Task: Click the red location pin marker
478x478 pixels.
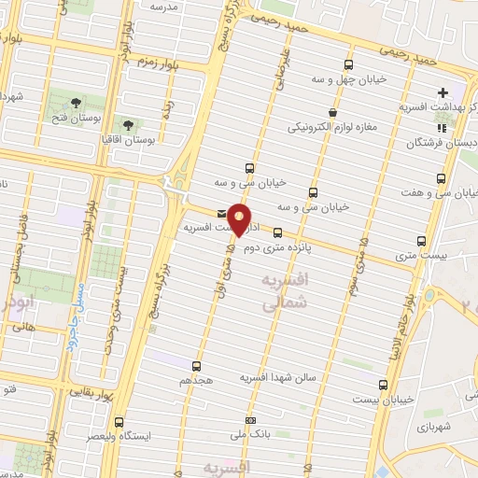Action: [240, 220]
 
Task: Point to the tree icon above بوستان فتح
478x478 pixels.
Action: [75, 102]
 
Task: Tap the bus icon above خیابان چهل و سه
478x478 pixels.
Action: [348, 64]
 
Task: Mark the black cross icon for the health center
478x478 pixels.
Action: [442, 93]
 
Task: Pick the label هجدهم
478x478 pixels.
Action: [195, 382]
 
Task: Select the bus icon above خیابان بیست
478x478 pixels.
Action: [383, 384]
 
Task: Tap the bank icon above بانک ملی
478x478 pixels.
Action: [249, 421]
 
